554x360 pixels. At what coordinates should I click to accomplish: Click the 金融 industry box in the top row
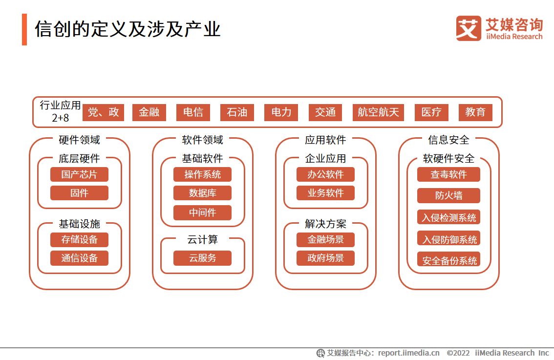pos(149,112)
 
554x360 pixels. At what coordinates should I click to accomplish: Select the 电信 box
pos(193,112)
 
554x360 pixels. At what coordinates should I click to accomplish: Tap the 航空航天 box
pos(378,112)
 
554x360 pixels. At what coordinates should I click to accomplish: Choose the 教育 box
pos(475,112)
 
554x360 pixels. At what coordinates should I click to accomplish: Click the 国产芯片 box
pos(79,174)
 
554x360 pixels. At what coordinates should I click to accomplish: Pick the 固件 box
pos(79,193)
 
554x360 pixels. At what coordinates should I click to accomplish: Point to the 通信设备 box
pos(79,258)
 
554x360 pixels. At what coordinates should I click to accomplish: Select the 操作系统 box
pos(202,174)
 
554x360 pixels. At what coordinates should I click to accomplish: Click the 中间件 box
pos(202,212)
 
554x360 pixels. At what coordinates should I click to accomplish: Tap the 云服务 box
pos(202,258)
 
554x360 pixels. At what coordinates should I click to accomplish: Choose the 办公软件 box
pos(325,174)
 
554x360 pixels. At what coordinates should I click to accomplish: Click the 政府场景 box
pos(325,258)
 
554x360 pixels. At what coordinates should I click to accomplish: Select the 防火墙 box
pos(448,196)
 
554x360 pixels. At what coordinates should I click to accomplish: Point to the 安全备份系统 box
pos(448,260)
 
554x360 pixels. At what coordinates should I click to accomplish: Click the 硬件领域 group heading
pos(79,140)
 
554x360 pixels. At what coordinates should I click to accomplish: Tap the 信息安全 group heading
pos(448,140)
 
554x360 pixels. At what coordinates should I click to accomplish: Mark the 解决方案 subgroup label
pos(325,224)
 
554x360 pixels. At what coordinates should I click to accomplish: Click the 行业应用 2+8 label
pos(60,111)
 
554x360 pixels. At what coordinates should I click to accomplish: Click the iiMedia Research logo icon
pos(469,28)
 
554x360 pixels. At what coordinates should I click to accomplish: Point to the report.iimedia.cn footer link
pos(408,353)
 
